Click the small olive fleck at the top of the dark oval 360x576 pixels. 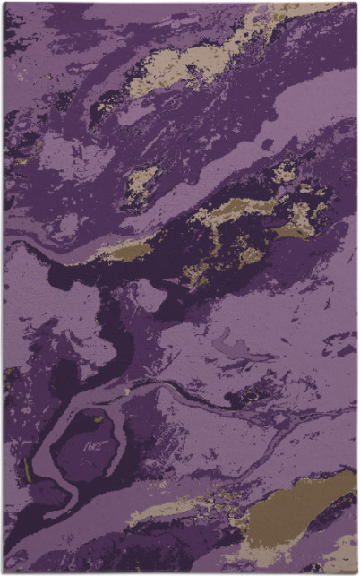(99, 417)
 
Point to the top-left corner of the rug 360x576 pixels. (4, 3)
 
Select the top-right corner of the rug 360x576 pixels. (356, 3)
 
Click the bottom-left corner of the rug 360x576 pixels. (4, 572)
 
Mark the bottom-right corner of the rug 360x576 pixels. (356, 572)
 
